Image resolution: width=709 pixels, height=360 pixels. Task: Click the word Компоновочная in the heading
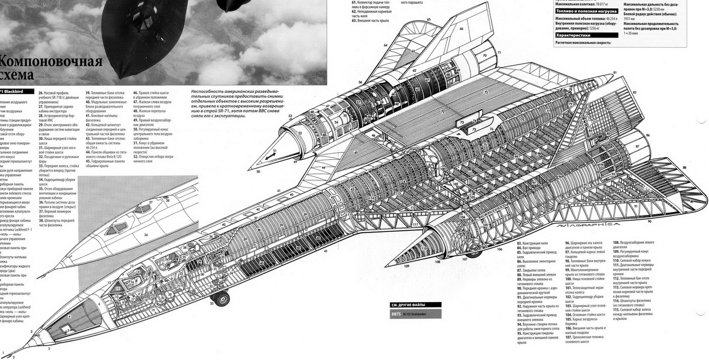pyautogui.click(x=51, y=62)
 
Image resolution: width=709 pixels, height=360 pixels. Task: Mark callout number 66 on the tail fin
pyautogui.click(x=461, y=28)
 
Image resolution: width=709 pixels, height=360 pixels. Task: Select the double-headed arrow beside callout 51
pyautogui.click(x=267, y=154)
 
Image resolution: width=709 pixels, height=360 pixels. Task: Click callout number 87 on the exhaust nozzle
pyautogui.click(x=637, y=146)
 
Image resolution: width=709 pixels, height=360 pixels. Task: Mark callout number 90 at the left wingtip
pyautogui.click(x=649, y=221)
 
